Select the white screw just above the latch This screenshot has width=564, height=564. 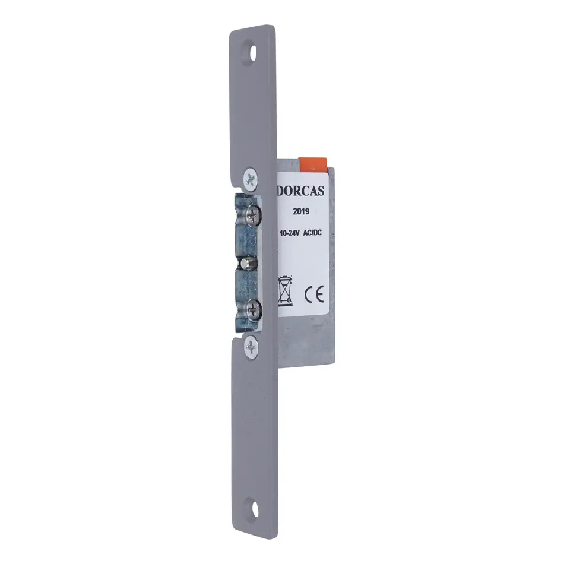click(x=251, y=179)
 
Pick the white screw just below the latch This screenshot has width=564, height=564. click(x=251, y=348)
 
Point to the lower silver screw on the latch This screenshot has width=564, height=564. click(x=254, y=309)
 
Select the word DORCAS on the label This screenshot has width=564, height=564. click(x=302, y=191)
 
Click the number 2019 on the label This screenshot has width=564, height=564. click(x=301, y=211)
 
